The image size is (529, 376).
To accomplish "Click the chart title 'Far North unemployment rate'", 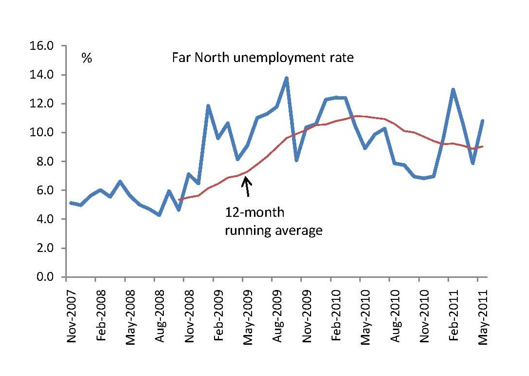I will [262, 58].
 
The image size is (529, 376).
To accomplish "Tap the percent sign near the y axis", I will [87, 59].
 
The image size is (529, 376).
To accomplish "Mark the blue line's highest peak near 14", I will [286, 78].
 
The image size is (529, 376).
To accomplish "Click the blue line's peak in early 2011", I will [453, 89].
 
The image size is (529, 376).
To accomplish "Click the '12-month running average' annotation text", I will [273, 222].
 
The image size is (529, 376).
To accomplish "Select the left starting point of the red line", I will [179, 200].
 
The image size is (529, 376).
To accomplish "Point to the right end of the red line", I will [482, 146].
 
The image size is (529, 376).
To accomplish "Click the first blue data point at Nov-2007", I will [71, 203].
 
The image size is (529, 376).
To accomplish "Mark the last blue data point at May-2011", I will [482, 121].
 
